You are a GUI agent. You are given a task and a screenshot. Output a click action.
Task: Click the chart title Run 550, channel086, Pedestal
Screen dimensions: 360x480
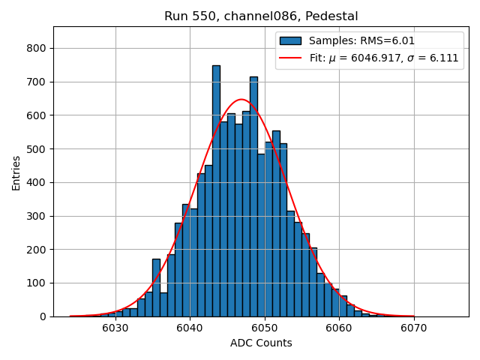pyautogui.click(x=261, y=16)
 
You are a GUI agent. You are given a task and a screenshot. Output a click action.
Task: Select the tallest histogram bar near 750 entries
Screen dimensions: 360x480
pyautogui.click(x=216, y=190)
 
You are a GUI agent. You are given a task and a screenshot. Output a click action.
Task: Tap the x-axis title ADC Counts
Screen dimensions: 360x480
pyautogui.click(x=261, y=343)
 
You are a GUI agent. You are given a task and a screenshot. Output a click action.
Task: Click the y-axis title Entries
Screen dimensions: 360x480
pyautogui.click(x=16, y=172)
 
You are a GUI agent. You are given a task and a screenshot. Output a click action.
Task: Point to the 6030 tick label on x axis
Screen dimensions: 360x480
pyautogui.click(x=115, y=328)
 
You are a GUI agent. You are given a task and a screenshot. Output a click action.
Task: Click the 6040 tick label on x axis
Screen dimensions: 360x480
pyautogui.click(x=190, y=328)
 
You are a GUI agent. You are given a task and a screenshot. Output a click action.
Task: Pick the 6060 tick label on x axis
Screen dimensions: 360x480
pyautogui.click(x=338, y=328)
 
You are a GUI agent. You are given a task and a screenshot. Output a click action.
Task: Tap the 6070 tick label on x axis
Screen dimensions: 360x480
pyautogui.click(x=413, y=328)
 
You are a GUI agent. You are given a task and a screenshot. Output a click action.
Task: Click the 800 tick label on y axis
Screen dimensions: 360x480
pyautogui.click(x=36, y=48)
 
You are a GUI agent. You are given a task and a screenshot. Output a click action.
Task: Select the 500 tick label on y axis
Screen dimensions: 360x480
pyautogui.click(x=36, y=148)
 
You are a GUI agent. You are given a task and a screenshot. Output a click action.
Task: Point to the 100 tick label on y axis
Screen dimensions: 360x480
pyautogui.click(x=36, y=283)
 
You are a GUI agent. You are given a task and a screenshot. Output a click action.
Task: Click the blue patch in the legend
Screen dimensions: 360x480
pyautogui.click(x=290, y=41)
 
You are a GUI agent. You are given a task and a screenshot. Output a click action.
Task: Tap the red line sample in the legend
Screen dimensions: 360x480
pyautogui.click(x=290, y=58)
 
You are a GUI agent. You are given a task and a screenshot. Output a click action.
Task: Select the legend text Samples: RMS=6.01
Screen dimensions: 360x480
pyautogui.click(x=362, y=41)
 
